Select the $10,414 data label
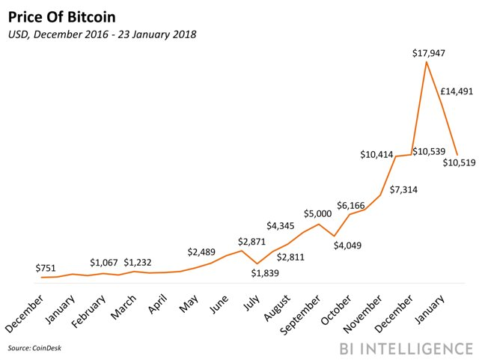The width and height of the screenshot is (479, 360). pos(377,155)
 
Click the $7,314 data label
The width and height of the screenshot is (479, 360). pos(403,189)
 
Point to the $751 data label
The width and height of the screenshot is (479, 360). pos(48,268)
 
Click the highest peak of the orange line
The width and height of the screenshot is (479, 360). pos(427,63)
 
